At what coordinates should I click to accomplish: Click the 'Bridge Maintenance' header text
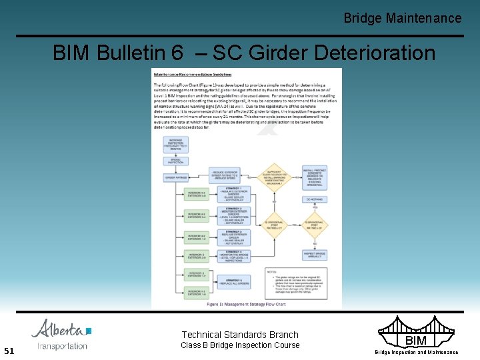click(402, 18)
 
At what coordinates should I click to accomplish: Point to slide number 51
click(9, 351)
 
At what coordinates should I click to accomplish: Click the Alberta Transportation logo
click(61, 334)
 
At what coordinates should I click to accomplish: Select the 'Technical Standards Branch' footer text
click(240, 335)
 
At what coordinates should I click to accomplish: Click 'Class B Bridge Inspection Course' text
click(240, 345)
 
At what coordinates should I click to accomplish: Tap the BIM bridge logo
click(416, 335)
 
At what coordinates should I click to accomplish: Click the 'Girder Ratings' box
click(176, 177)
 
